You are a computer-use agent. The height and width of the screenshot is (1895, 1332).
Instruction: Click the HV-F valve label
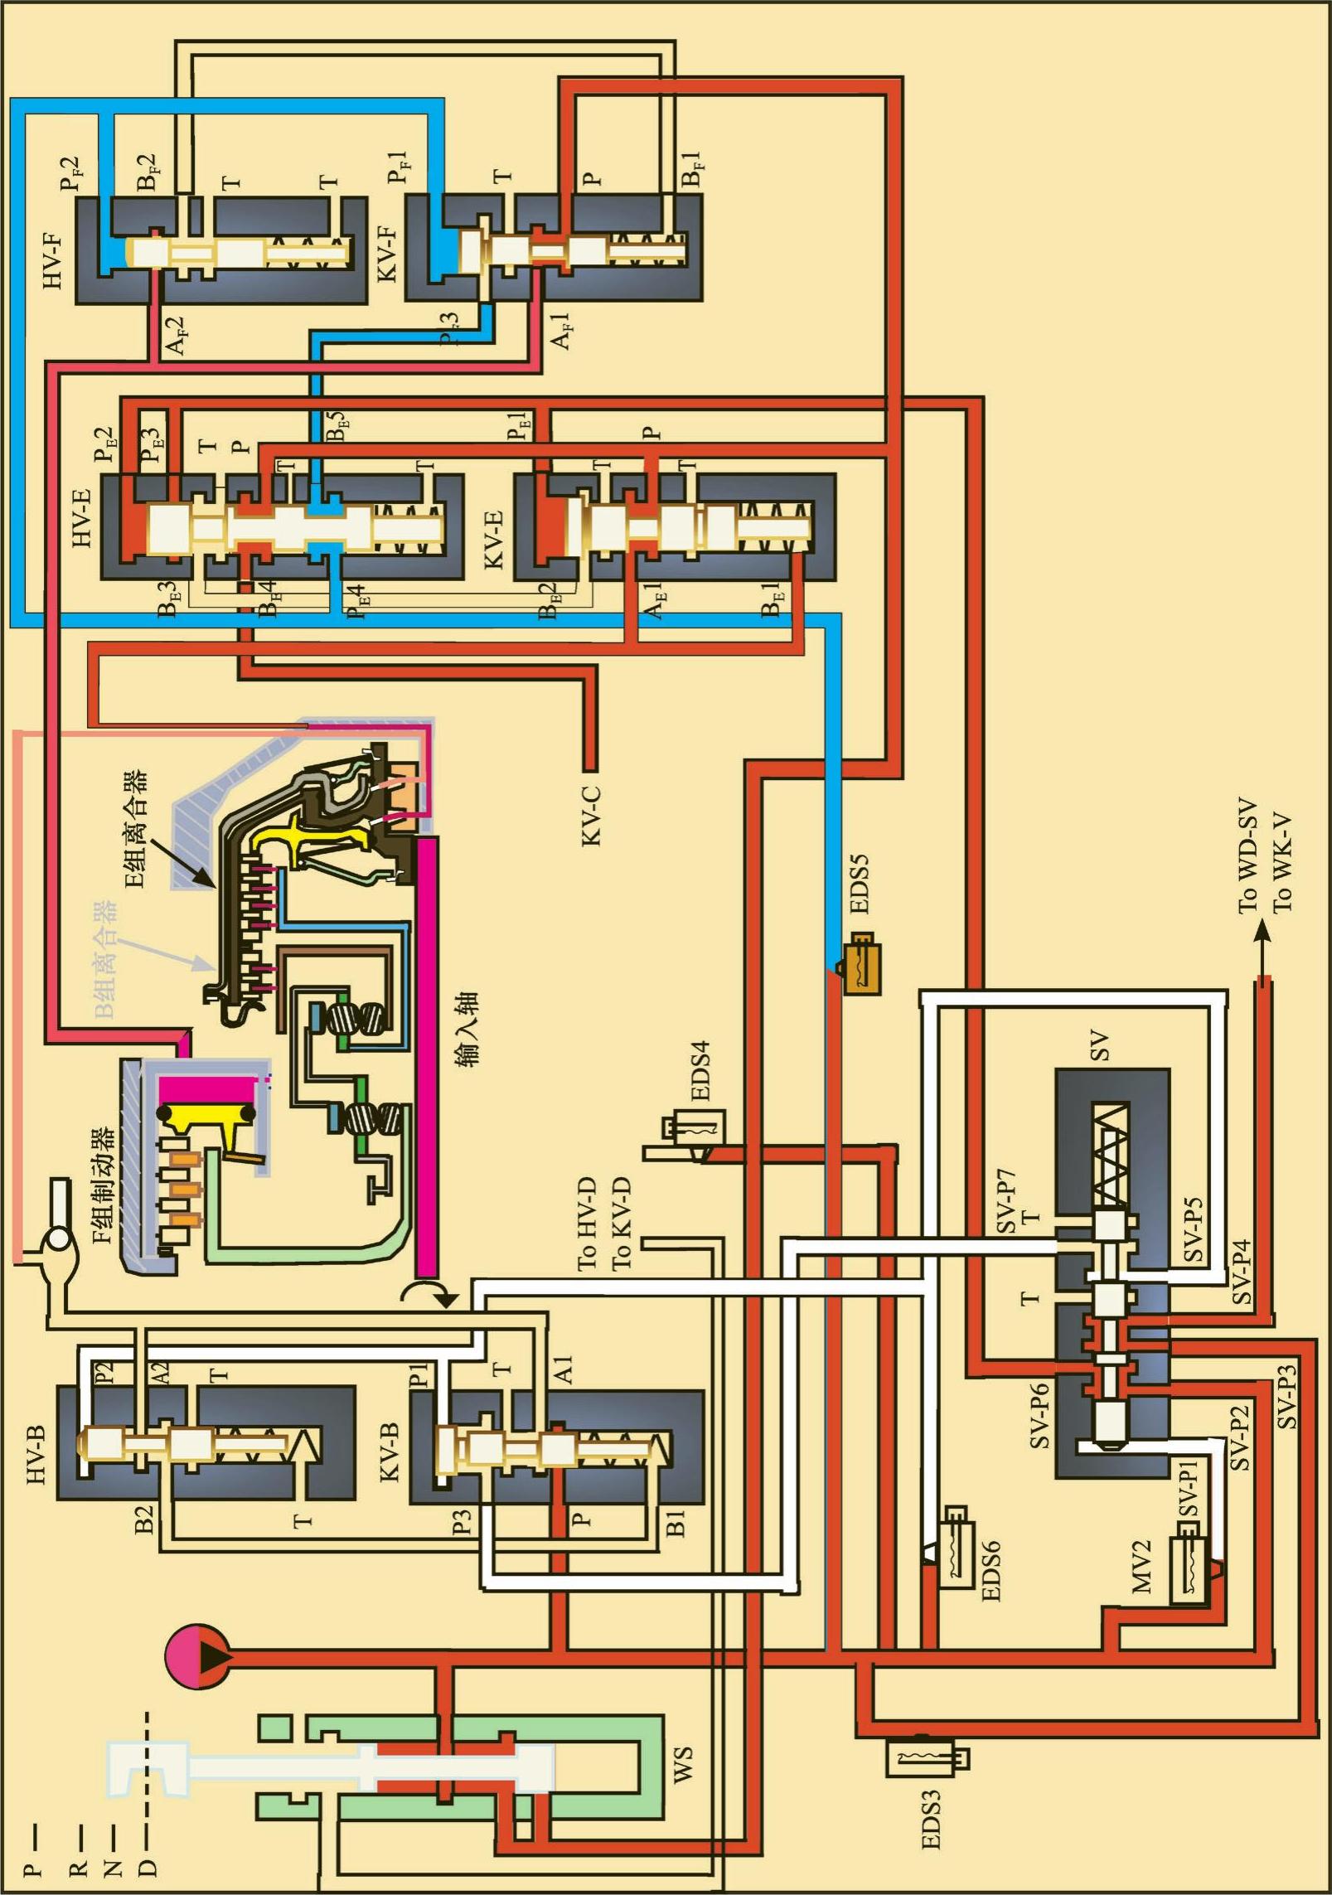click(x=53, y=259)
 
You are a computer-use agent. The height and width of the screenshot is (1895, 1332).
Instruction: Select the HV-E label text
click(x=82, y=517)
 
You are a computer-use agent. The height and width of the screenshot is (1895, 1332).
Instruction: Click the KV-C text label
click(x=591, y=817)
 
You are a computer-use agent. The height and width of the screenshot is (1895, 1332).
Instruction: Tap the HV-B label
click(x=37, y=1454)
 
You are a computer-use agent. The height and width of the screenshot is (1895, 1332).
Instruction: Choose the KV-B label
click(x=388, y=1451)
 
